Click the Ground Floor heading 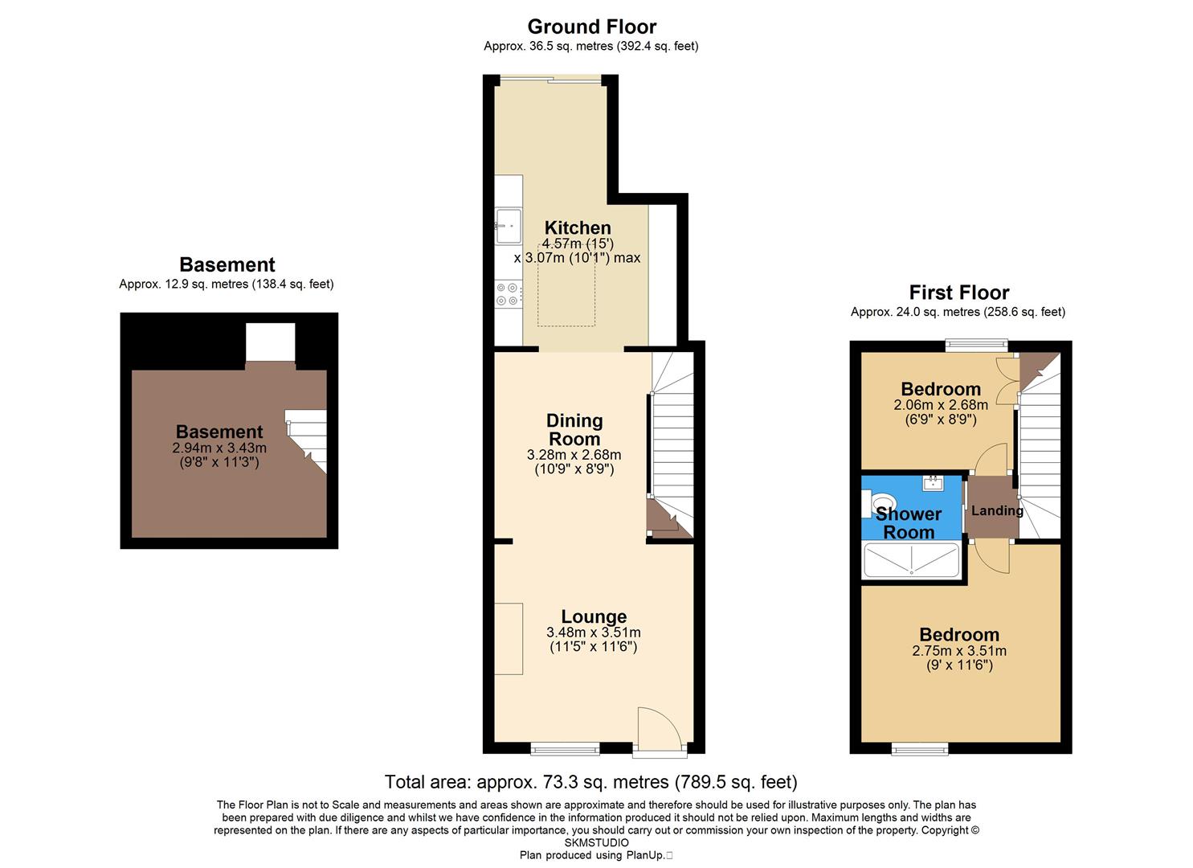pyautogui.click(x=591, y=27)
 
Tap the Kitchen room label pyautogui.click(x=578, y=227)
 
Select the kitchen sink pyautogui.click(x=508, y=225)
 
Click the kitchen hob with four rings pyautogui.click(x=508, y=293)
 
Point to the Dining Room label pyautogui.click(x=574, y=430)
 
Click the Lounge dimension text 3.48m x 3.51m pyautogui.click(x=593, y=633)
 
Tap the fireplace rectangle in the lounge pyautogui.click(x=509, y=639)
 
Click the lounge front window pyautogui.click(x=565, y=749)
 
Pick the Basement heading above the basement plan pyautogui.click(x=227, y=265)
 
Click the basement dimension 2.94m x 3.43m pyautogui.click(x=219, y=448)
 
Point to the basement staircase pyautogui.click(x=308, y=438)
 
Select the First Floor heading pyautogui.click(x=958, y=293)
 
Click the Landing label pyautogui.click(x=997, y=510)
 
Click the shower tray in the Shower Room pyautogui.click(x=911, y=560)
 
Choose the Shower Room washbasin pyautogui.click(x=933, y=482)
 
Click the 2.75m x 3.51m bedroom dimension pyautogui.click(x=959, y=651)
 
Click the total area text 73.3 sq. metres pyautogui.click(x=590, y=782)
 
